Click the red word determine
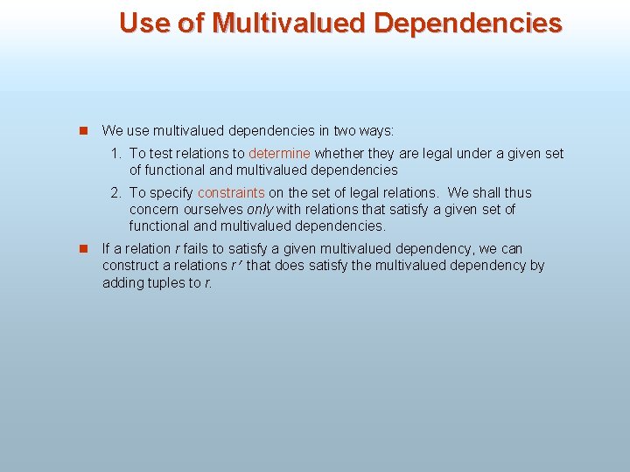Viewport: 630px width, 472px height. click(x=279, y=154)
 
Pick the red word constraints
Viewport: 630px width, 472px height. click(x=231, y=193)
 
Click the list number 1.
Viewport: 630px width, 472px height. click(x=115, y=154)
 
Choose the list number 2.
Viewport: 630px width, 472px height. click(x=115, y=193)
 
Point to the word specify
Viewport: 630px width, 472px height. click(x=171, y=193)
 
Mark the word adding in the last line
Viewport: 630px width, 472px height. click(x=122, y=282)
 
